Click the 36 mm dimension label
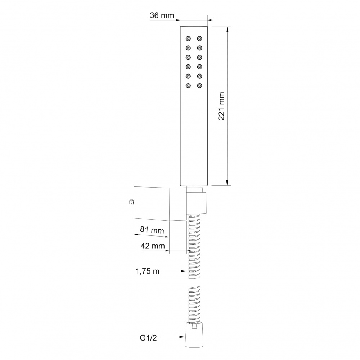(162, 15)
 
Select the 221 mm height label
(221, 106)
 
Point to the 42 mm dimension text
(153, 246)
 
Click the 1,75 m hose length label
(147, 271)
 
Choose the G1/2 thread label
(148, 338)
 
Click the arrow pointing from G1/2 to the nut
(172, 337)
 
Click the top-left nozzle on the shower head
(188, 39)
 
